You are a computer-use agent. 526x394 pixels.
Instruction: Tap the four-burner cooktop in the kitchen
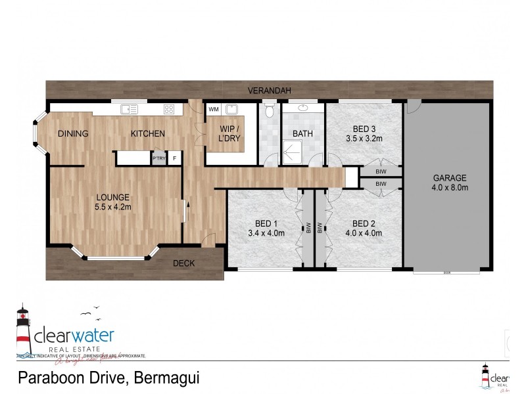[168, 110]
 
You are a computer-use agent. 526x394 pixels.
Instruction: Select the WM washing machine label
[213, 109]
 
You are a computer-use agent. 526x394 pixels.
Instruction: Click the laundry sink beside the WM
[231, 110]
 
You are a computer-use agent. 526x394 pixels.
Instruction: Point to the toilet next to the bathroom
[268, 112]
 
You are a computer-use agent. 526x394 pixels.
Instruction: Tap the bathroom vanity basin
[303, 108]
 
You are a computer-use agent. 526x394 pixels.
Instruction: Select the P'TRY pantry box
[158, 158]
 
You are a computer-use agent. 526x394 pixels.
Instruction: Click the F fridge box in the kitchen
[174, 158]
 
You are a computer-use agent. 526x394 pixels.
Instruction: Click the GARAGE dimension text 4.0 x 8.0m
[450, 187]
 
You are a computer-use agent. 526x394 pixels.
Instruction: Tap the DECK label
[183, 263]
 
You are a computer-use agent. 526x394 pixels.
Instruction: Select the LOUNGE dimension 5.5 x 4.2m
[113, 207]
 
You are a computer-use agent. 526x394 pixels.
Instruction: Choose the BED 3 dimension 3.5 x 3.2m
[364, 139]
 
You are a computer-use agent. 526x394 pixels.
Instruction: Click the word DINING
[73, 134]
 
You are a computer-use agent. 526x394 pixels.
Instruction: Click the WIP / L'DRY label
[229, 133]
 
